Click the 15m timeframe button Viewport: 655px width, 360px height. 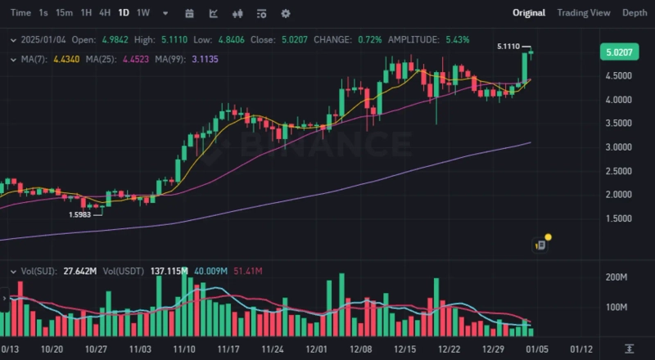click(64, 13)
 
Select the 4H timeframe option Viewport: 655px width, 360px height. click(105, 13)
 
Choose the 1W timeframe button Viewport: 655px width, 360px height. click(143, 13)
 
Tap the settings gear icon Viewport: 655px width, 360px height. click(286, 13)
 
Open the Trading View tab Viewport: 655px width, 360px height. click(583, 13)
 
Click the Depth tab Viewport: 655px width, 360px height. click(635, 13)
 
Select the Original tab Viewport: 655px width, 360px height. click(529, 13)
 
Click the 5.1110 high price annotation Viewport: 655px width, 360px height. click(508, 47)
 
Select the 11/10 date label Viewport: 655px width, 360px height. click(183, 349)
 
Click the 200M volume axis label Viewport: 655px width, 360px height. click(616, 278)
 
